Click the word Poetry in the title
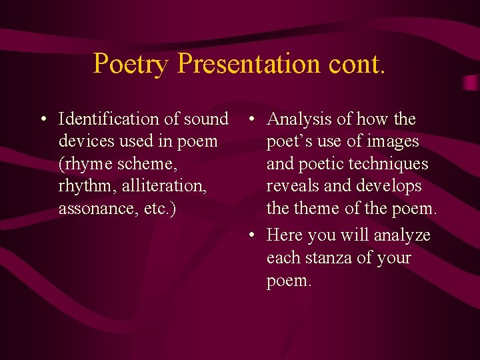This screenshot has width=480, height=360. coord(131,64)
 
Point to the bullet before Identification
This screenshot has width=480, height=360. coord(42,120)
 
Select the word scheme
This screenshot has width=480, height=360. coord(149,164)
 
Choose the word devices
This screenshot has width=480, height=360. coord(87,141)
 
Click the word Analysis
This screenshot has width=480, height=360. coord(299,119)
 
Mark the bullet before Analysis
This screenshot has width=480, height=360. coord(249,120)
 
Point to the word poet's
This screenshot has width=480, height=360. coord(288,141)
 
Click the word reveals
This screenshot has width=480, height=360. coord(292,186)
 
